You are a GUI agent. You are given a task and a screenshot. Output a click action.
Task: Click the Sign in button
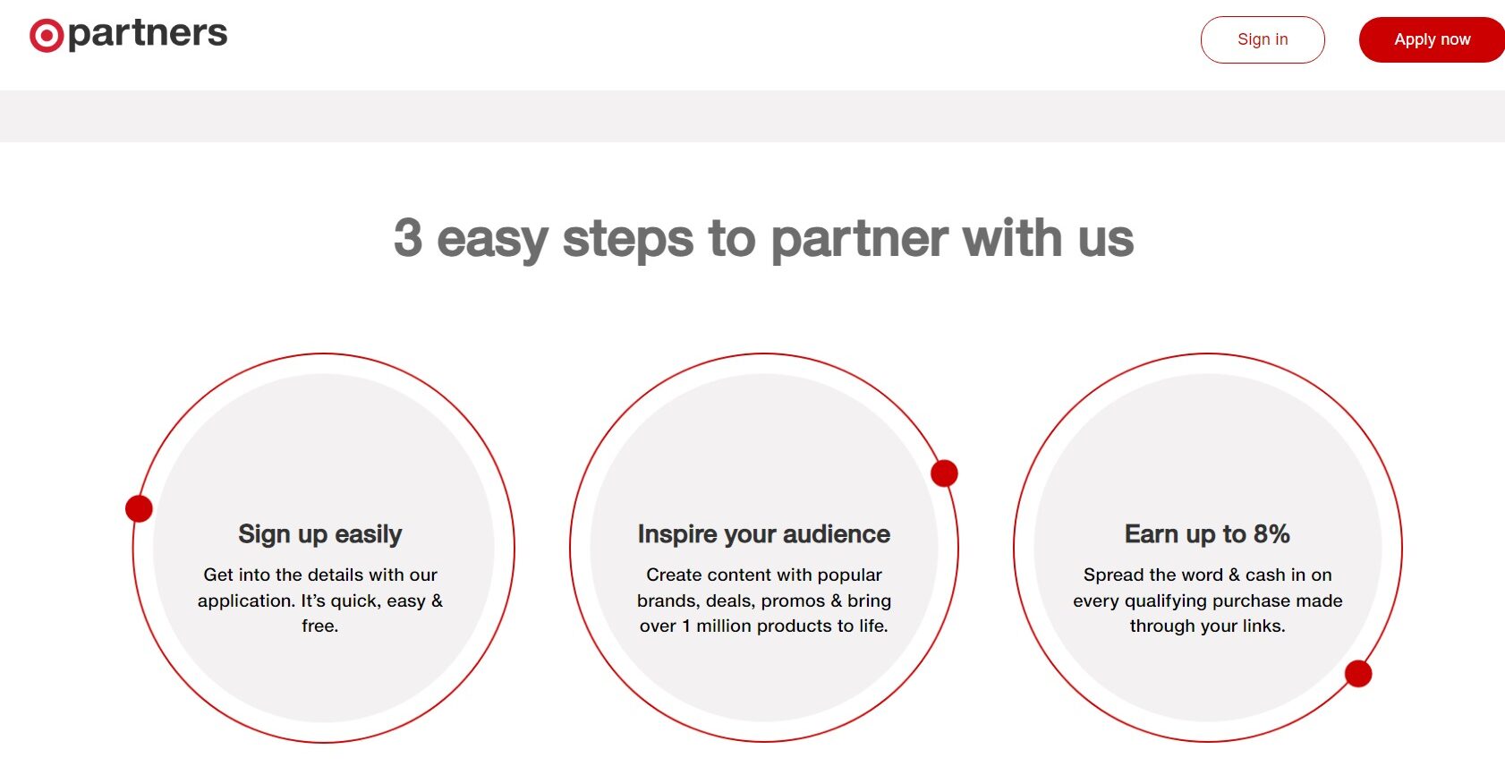[1263, 39]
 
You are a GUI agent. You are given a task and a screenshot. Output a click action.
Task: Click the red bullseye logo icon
[47, 36]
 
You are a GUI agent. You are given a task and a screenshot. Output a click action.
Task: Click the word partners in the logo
[148, 34]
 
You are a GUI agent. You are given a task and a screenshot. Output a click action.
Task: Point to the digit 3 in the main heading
[408, 238]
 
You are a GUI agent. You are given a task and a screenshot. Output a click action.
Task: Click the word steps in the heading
[627, 239]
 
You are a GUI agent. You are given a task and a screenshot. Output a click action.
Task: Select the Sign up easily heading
[319, 534]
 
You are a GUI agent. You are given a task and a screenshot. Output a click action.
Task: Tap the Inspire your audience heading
[764, 534]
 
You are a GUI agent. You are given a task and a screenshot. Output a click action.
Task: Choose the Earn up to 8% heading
[1207, 533]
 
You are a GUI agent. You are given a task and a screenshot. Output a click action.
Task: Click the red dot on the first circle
[139, 508]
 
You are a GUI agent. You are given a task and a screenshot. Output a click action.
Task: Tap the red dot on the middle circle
[944, 473]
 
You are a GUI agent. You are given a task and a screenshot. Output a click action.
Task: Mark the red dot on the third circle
[1358, 674]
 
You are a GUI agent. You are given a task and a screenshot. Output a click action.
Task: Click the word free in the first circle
[318, 626]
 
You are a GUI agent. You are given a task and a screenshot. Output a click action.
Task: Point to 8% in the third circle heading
[1271, 533]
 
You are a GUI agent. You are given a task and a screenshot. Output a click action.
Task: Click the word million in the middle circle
[724, 626]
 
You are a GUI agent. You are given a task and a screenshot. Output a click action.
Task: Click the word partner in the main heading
[859, 240]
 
